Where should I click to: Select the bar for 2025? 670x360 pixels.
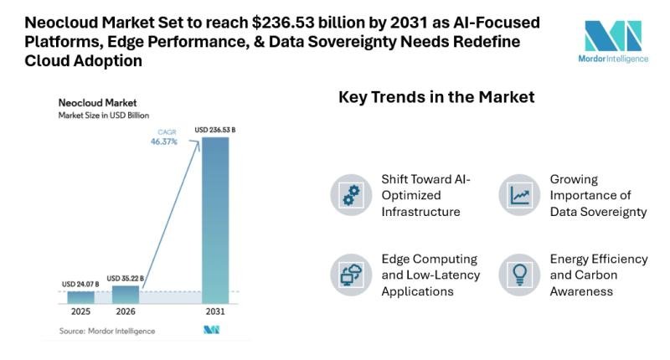pyautogui.click(x=80, y=296)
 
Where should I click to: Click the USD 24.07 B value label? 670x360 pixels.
pyautogui.click(x=80, y=284)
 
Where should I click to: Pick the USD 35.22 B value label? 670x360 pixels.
pyautogui.click(x=126, y=277)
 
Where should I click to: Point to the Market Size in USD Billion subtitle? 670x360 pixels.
pyautogui.click(x=104, y=115)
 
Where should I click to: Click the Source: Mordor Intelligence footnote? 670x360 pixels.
pyautogui.click(x=106, y=331)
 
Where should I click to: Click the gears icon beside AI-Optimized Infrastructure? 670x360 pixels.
pyautogui.click(x=350, y=195)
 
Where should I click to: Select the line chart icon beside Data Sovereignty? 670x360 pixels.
pyautogui.click(x=518, y=195)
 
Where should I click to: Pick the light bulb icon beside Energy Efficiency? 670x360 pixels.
pyautogui.click(x=518, y=274)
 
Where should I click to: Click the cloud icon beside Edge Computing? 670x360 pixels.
pyautogui.click(x=350, y=274)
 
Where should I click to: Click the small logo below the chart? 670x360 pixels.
pyautogui.click(x=211, y=331)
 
